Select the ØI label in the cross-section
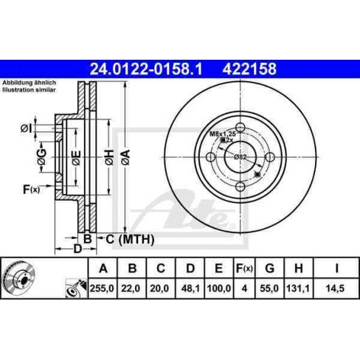coord(26,129)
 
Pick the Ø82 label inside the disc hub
coord(240,156)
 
